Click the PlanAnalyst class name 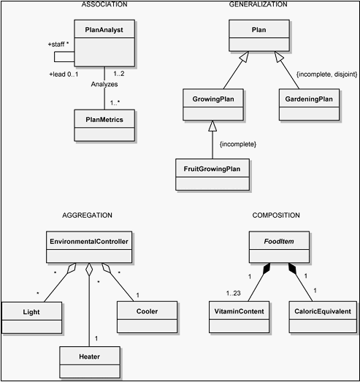(104, 30)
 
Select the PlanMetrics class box (104, 125)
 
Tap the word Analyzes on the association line (104, 84)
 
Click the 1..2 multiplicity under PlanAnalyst (119, 73)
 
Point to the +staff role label (56, 45)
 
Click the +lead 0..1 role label (64, 75)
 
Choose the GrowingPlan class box (213, 104)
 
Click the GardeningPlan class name (309, 99)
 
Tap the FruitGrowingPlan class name (212, 169)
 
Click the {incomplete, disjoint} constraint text (326, 75)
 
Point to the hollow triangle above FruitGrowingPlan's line (212, 126)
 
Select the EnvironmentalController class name (89, 242)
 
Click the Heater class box (90, 362)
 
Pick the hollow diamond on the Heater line (89, 270)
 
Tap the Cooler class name (147, 311)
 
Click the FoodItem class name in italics (279, 241)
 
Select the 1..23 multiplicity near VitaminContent (234, 293)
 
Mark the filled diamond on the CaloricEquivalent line (292, 268)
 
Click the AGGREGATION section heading (87, 215)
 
